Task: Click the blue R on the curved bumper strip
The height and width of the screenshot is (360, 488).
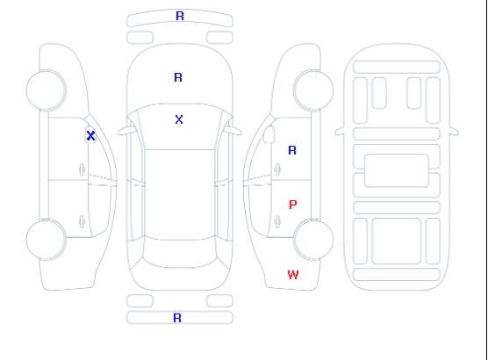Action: pos(180,16)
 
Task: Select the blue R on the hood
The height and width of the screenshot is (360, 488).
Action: pos(178,77)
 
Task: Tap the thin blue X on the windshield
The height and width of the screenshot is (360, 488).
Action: pos(179,119)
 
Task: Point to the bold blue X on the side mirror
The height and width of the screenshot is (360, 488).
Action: pos(90,135)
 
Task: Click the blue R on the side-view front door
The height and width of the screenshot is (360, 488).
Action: pos(292,150)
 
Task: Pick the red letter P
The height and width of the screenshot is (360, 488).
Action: pos(293,205)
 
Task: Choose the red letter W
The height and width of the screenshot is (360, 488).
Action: pos(293,275)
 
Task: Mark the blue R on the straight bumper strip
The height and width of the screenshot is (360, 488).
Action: pos(177,318)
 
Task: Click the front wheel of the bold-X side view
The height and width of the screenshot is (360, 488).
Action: pos(46,90)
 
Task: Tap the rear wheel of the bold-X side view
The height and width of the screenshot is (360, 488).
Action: pos(46,240)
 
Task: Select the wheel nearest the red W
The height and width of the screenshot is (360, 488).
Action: pos(313,239)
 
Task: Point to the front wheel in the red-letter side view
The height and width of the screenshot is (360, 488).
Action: pos(313,90)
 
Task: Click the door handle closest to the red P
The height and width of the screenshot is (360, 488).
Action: pos(277,221)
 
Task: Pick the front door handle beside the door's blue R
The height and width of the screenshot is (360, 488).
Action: pos(277,169)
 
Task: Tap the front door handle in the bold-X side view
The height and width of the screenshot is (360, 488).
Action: pos(82,169)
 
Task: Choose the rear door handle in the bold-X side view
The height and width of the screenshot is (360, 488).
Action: pos(82,221)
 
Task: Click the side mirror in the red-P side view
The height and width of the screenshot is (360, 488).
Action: pos(269,134)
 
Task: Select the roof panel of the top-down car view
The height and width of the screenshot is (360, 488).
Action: pos(180,195)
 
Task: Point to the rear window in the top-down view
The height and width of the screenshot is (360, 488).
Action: pos(180,253)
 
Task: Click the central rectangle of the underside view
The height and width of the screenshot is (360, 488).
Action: pos(397,170)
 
